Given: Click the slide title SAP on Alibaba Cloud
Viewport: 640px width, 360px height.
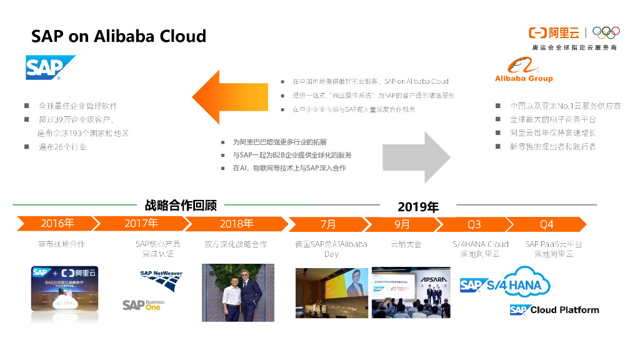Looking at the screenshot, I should pos(119,36).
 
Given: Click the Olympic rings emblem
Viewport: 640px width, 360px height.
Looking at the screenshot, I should pos(606,32).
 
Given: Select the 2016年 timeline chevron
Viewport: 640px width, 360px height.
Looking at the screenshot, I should pos(57,223).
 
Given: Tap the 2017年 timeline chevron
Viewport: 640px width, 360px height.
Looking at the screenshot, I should pos(141,223).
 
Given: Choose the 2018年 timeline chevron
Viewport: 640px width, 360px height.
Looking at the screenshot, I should pos(236,223).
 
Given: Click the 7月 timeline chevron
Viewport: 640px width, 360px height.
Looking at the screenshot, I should pos(328,224).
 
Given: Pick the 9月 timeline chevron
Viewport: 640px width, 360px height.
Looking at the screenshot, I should pos(402,224).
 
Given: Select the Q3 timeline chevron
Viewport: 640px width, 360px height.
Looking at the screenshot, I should pos(474,224).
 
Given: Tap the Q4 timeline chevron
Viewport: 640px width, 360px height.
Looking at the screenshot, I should pos(547,224).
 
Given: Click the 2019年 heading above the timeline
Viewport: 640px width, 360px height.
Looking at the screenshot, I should pos(418,207).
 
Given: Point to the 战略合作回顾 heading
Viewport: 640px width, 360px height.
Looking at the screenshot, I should pos(181,204).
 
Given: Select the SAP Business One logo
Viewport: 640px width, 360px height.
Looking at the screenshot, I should pos(143,305).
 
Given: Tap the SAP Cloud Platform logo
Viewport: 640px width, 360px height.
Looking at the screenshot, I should pos(554,310).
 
